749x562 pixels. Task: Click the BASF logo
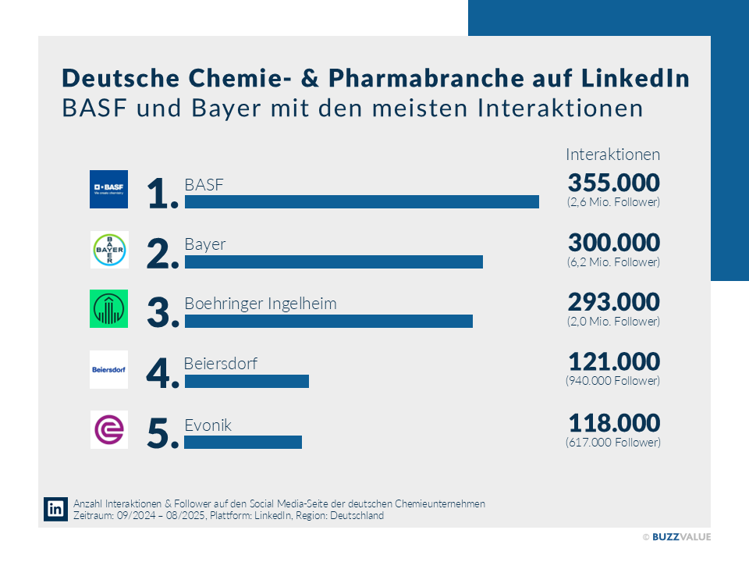point(108,189)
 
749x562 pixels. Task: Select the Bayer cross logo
point(108,249)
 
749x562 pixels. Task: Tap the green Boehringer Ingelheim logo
point(108,308)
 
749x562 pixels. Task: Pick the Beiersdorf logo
point(108,369)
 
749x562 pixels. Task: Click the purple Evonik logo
point(108,429)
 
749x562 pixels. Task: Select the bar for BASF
point(361,202)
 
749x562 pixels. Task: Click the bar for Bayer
point(333,262)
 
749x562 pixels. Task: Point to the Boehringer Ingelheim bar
point(328,322)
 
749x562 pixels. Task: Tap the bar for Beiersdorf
point(247,382)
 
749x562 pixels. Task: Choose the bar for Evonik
point(243,442)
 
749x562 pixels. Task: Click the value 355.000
point(613,183)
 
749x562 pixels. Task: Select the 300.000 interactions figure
point(613,243)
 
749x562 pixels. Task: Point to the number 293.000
point(613,302)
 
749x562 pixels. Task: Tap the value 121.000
point(613,362)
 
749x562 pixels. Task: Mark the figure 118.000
point(613,423)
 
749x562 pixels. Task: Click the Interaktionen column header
point(612,154)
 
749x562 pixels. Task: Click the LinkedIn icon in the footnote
point(56,509)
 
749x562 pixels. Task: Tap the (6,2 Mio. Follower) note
point(613,262)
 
